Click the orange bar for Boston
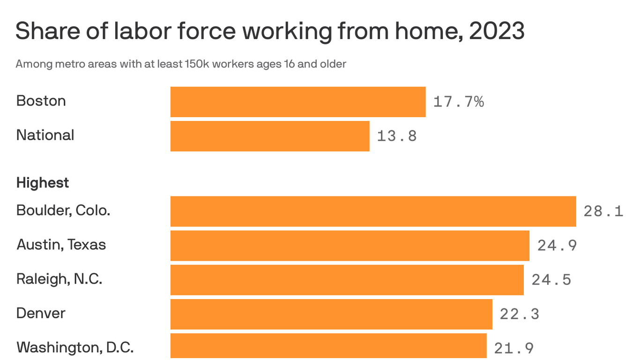pyautogui.click(x=298, y=102)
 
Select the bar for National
pyautogui.click(x=270, y=136)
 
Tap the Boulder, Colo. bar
pyautogui.click(x=373, y=211)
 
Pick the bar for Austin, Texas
pyautogui.click(x=350, y=246)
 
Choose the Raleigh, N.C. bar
pyautogui.click(x=347, y=280)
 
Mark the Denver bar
pyautogui.click(x=331, y=314)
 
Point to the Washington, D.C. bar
pyautogui.click(x=328, y=347)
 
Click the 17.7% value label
pyautogui.click(x=458, y=102)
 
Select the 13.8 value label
pyautogui.click(x=397, y=136)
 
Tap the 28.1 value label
pyautogui.click(x=603, y=211)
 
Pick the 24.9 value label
pyautogui.click(x=557, y=246)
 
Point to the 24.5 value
pyautogui.click(x=551, y=280)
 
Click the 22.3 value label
pyautogui.click(x=520, y=314)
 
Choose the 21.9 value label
pyautogui.click(x=514, y=348)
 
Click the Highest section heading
pyautogui.click(x=43, y=182)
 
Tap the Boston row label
pyautogui.click(x=41, y=101)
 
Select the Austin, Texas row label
pyautogui.click(x=61, y=245)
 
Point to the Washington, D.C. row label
pyautogui.click(x=75, y=347)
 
